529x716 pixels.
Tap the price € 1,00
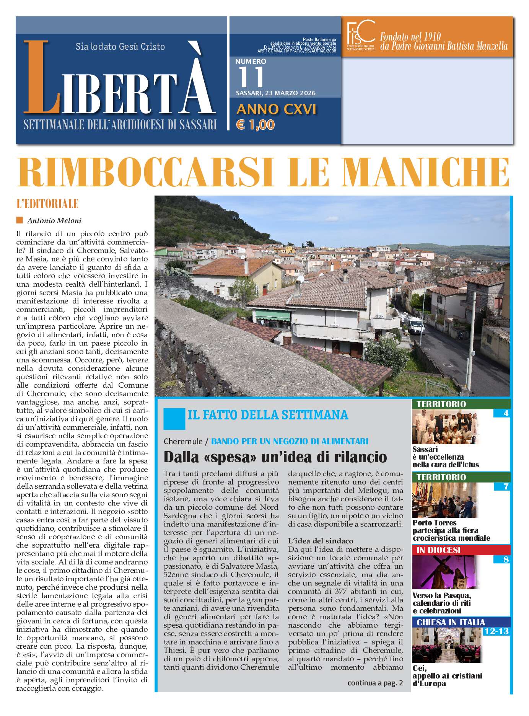tap(256, 125)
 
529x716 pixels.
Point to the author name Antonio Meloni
tap(54, 220)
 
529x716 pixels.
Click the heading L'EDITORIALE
tap(47, 204)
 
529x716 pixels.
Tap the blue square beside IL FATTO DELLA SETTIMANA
tap(174, 419)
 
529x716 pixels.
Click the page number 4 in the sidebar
tap(506, 413)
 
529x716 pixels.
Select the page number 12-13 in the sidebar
tap(496, 631)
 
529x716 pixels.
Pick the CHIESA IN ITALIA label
tap(451, 622)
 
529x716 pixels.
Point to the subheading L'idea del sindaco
tap(321, 541)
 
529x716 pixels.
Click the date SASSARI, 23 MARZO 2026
tap(275, 93)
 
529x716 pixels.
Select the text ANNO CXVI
tap(276, 109)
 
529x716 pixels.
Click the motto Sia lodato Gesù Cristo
tap(120, 47)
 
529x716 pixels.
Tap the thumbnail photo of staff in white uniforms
tap(445, 427)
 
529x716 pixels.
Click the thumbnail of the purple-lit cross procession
tap(445, 572)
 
